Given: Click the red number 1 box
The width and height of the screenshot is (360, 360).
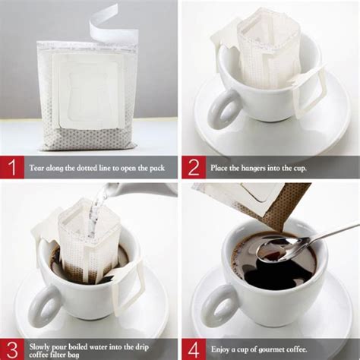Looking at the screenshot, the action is coord(12,167).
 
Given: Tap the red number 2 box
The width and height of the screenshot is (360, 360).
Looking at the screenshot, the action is coord(194,167).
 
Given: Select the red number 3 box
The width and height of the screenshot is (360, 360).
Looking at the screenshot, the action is coord(12,349).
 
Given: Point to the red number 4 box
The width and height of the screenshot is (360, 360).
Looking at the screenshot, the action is coord(194,349).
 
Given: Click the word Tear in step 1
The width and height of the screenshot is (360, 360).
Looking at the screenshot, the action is coord(36,168).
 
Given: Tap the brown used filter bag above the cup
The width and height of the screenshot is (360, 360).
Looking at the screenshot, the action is coord(286,205).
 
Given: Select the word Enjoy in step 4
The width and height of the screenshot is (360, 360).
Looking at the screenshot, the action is coord(219,350).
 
